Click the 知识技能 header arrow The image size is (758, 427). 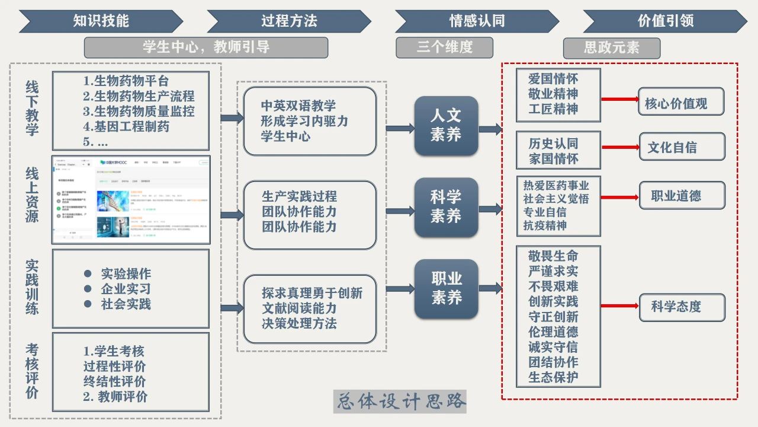tap(101, 21)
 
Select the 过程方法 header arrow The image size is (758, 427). tap(289, 21)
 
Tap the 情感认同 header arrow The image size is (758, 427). tap(477, 21)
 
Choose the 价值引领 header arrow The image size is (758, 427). tap(665, 21)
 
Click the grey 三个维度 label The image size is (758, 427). tap(444, 47)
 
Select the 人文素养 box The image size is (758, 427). tap(446, 125)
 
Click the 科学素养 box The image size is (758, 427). tap(446, 207)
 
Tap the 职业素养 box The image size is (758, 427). tap(446, 289)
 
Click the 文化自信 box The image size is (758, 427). tap(682, 147)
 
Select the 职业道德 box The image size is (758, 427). tap(682, 196)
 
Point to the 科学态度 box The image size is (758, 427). tap(682, 307)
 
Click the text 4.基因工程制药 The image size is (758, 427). tap(126, 126)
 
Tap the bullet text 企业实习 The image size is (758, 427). tap(126, 289)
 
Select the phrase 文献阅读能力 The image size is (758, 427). tap(299, 308)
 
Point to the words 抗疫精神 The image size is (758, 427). tap(545, 225)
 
